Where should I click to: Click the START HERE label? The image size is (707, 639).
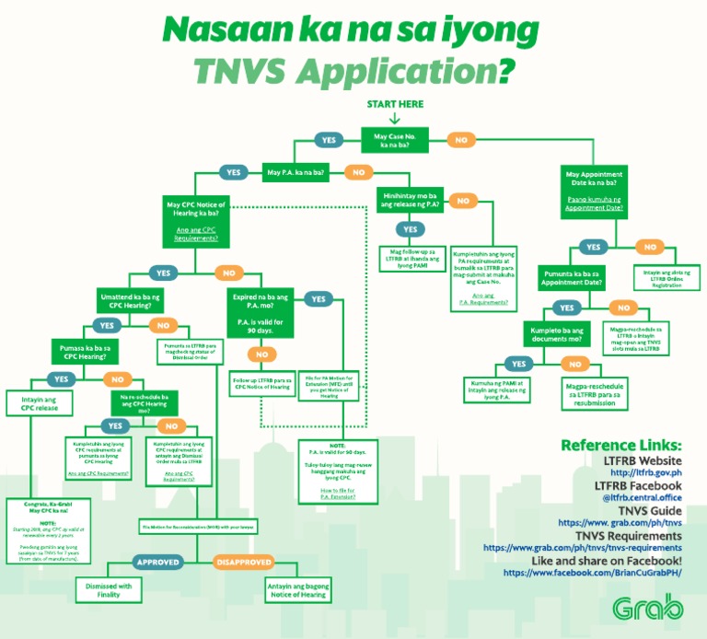(395, 104)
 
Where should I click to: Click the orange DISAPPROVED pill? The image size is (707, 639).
(244, 562)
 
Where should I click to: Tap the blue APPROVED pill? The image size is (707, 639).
(159, 562)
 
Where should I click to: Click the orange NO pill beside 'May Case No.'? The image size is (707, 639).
(460, 140)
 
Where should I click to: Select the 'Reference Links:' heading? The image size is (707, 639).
(621, 446)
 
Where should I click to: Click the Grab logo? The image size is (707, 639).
(648, 608)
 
